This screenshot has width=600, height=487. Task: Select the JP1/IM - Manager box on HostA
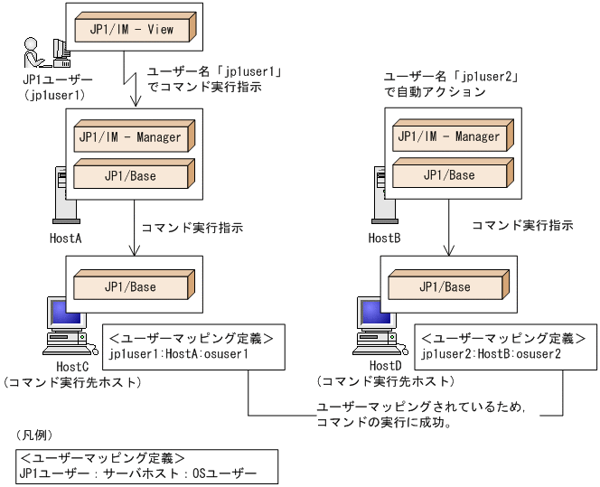pyautogui.click(x=130, y=138)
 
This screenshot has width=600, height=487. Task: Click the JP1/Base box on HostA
pyautogui.click(x=130, y=175)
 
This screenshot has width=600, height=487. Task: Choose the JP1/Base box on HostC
pyautogui.click(x=130, y=286)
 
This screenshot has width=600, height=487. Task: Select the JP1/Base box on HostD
pyautogui.click(x=445, y=286)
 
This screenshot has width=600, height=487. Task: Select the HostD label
pyautogui.click(x=386, y=366)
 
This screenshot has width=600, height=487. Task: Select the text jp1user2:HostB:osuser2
pyautogui.click(x=491, y=354)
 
